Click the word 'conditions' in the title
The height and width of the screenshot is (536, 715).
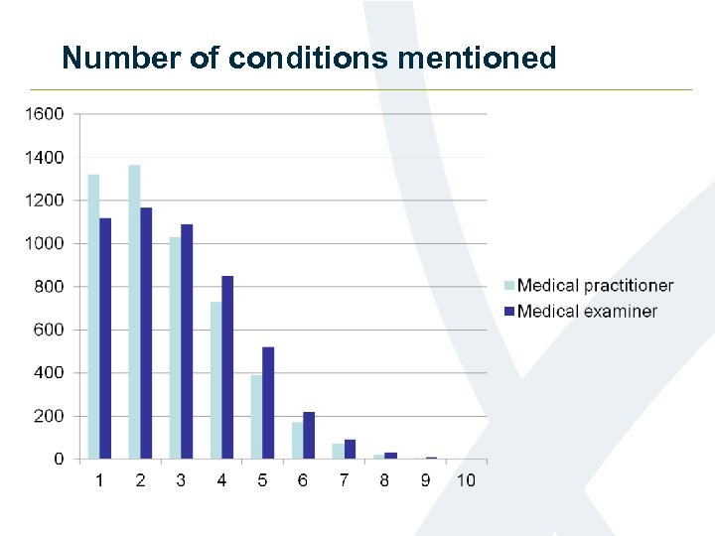[309, 59]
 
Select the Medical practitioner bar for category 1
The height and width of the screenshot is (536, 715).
[93, 317]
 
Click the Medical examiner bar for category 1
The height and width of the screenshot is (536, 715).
[105, 338]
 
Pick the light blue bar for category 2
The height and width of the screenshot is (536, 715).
[134, 312]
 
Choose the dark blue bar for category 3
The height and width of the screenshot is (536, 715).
[187, 341]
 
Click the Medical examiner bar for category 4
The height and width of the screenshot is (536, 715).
[227, 367]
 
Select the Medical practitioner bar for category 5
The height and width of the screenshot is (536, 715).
[256, 417]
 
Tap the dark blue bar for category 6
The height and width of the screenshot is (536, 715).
[309, 436]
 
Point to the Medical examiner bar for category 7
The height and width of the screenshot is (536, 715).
[350, 449]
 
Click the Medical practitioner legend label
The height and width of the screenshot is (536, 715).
[595, 286]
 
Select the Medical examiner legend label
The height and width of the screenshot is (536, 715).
[587, 312]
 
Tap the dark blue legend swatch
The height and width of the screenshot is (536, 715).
[509, 312]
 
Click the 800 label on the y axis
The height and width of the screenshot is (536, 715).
[47, 287]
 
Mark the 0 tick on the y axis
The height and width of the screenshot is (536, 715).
[59, 460]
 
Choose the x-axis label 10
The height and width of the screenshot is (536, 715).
[466, 480]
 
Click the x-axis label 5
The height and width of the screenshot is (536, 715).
[262, 480]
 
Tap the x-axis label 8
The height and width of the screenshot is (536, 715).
[384, 480]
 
